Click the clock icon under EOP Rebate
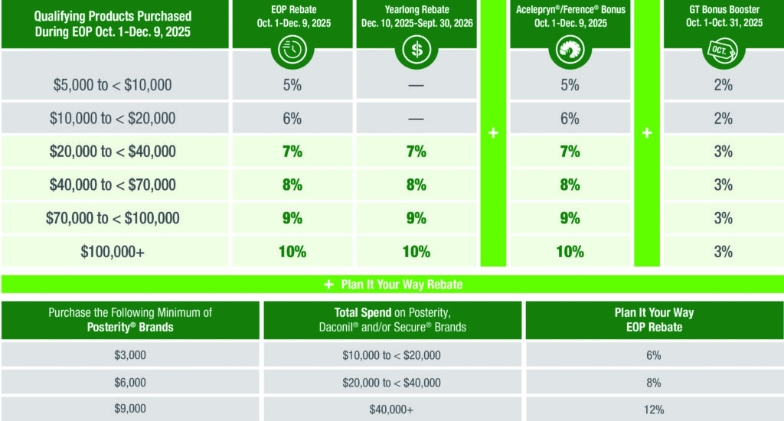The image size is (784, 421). click(x=292, y=51)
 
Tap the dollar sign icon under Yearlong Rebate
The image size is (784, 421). click(x=416, y=51)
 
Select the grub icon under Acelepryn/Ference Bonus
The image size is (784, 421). click(x=570, y=51)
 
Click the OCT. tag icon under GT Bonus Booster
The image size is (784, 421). click(x=724, y=51)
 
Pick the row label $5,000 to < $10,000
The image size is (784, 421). click(x=113, y=86)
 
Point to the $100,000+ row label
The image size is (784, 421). click(x=113, y=252)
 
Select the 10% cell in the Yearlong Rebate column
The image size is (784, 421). click(x=416, y=252)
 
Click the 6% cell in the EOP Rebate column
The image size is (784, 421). click(x=292, y=119)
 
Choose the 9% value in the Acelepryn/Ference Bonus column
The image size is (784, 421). click(x=570, y=218)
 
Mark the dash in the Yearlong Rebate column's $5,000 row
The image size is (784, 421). click(x=416, y=86)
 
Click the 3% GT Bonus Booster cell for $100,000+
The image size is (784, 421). click(x=724, y=252)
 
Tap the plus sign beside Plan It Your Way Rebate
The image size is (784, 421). click(x=328, y=285)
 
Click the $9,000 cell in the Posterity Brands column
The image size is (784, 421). click(x=129, y=410)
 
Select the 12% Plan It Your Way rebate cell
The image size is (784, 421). click(x=653, y=410)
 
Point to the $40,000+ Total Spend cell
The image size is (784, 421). click(x=392, y=410)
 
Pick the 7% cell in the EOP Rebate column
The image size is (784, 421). click(x=292, y=152)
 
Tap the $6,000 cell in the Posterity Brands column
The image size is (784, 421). click(x=129, y=383)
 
